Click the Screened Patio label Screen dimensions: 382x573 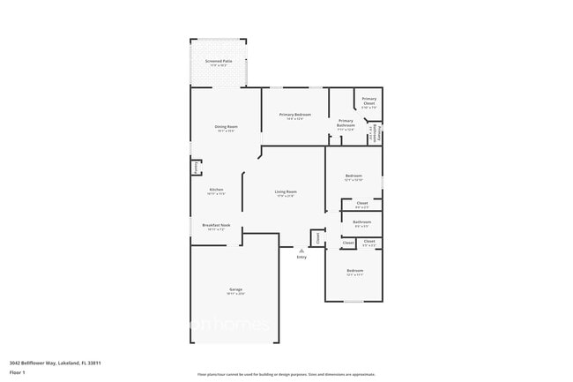click(x=219, y=62)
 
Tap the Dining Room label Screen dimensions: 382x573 click(x=226, y=127)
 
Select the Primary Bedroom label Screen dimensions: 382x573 click(x=296, y=116)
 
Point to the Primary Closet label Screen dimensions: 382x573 click(x=368, y=101)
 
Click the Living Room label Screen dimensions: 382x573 click(x=286, y=192)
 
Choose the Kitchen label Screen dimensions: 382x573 click(x=217, y=191)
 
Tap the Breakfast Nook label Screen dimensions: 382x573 click(x=216, y=226)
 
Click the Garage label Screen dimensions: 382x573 click(x=235, y=290)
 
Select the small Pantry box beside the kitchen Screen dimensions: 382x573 click(x=196, y=168)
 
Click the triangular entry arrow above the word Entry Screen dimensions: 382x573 click(x=301, y=251)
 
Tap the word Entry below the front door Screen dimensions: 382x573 click(x=301, y=258)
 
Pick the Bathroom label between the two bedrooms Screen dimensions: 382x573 click(x=361, y=222)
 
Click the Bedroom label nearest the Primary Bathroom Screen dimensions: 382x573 click(x=353, y=176)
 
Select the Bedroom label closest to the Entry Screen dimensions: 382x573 click(x=354, y=271)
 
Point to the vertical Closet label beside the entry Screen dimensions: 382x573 click(x=317, y=237)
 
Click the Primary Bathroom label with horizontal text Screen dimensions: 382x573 click(x=346, y=123)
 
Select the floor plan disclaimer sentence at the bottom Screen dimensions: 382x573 click(x=286, y=375)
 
